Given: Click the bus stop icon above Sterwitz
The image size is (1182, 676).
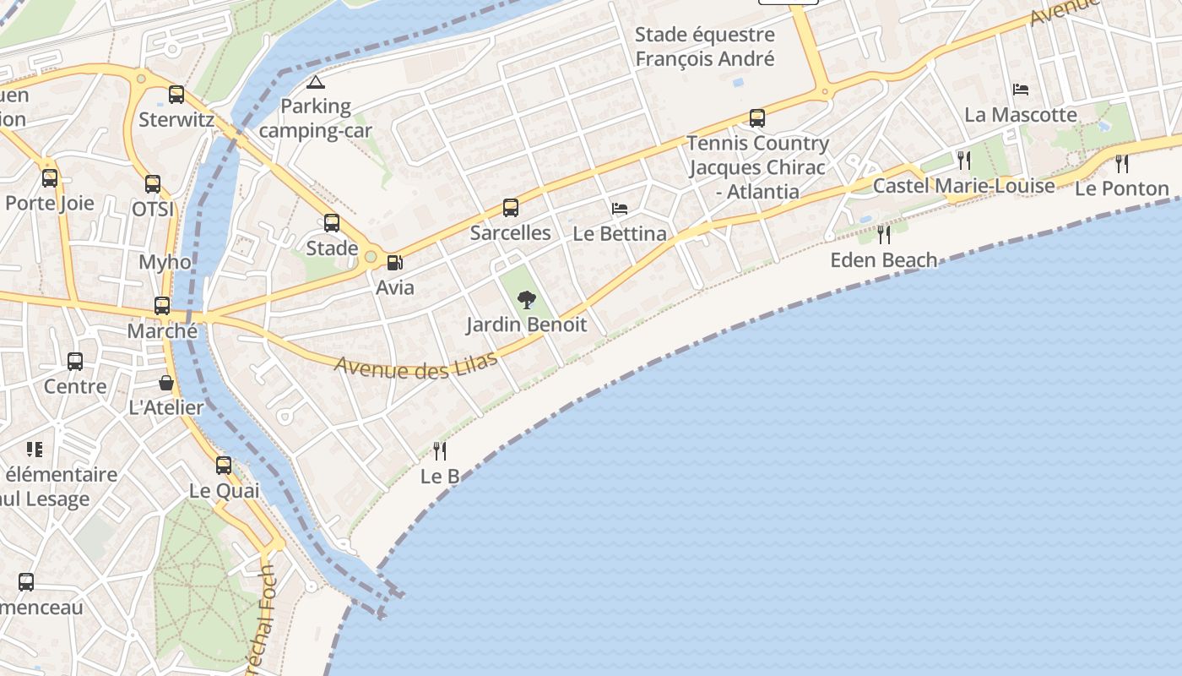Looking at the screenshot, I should click(176, 95).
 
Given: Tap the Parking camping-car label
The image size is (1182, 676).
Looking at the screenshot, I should click(316, 119).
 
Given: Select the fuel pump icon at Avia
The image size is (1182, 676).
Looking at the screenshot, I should click(394, 263).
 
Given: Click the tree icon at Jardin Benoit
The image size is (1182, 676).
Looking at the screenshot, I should click(527, 299).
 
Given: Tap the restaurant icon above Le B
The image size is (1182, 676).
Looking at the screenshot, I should click(440, 451).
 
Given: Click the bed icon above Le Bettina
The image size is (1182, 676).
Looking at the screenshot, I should click(620, 209).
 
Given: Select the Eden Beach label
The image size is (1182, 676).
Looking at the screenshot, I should click(883, 259).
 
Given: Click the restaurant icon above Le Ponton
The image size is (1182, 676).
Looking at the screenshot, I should click(1122, 164).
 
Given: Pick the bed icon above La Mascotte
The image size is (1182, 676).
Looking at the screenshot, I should click(1021, 90).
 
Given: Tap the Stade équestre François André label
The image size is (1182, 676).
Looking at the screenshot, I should click(705, 46).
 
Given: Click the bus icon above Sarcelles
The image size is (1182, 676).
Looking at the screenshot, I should click(511, 208).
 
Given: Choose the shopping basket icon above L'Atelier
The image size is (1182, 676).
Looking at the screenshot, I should click(166, 383).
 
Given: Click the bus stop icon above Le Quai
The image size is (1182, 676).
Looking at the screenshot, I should click(224, 466).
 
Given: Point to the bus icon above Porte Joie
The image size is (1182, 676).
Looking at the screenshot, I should click(50, 178).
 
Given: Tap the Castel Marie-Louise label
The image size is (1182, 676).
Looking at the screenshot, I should click(963, 186).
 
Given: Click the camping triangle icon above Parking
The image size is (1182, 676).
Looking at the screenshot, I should click(316, 83).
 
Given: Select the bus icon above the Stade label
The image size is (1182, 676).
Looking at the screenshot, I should click(332, 223).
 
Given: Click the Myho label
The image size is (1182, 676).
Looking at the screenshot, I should click(165, 262).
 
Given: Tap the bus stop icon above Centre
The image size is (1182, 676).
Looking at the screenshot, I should click(75, 362).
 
